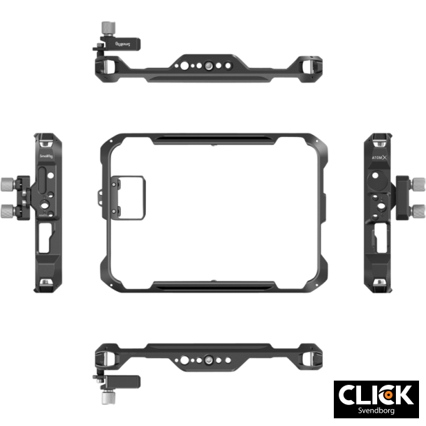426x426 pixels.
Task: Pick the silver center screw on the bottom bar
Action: tap(207, 361)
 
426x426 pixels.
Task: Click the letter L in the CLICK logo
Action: tap(365, 395)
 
